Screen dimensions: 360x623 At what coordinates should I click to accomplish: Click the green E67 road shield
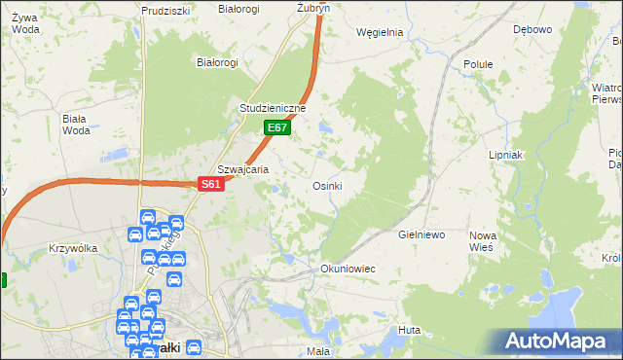pos(277,127)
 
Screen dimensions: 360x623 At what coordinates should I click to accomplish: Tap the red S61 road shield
pos(211,184)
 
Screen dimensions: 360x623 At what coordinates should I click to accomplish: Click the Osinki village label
pos(327,185)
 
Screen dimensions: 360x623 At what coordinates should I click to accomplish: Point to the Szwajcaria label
pos(243,168)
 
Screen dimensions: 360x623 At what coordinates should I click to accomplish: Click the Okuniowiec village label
pos(348,268)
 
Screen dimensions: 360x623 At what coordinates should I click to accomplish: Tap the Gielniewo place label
pos(421,235)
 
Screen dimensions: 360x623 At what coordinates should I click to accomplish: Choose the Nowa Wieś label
pos(482,242)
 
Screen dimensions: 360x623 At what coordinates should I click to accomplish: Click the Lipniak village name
pos(506,155)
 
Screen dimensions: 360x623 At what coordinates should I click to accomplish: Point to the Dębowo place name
pos(532,29)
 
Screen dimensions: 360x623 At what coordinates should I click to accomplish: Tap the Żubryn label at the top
pos(313,7)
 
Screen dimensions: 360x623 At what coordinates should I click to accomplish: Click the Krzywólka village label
pos(73,248)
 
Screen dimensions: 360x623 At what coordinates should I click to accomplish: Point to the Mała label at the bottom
pos(318,350)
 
